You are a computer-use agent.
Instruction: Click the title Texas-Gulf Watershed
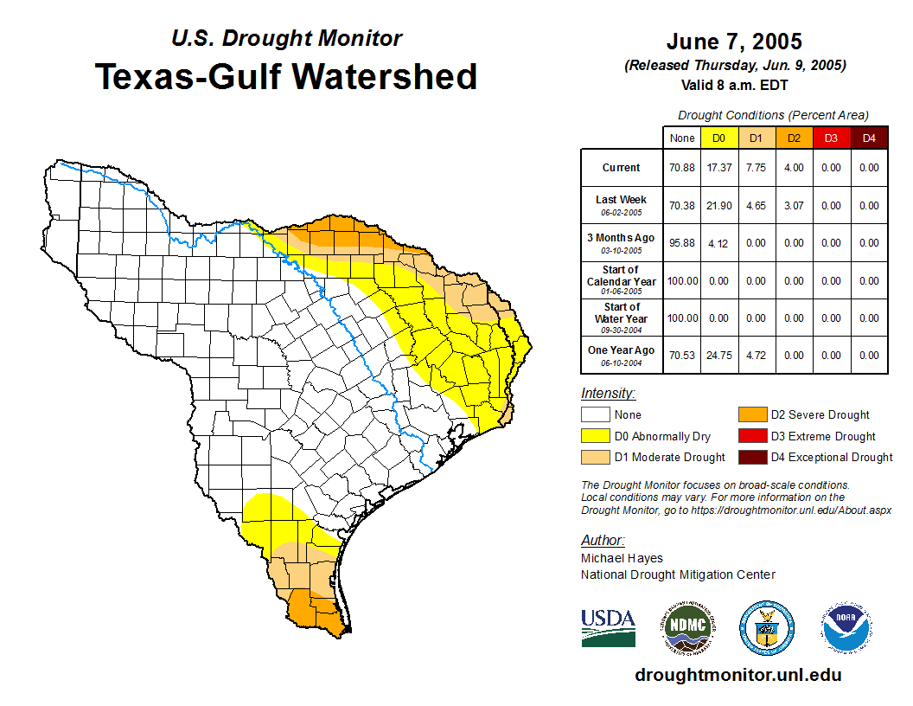(x=285, y=76)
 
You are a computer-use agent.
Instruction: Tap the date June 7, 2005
(x=734, y=42)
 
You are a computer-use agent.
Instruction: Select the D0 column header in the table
(x=718, y=138)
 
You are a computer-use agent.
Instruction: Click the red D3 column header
(x=831, y=138)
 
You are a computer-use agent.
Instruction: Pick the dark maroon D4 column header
(x=869, y=138)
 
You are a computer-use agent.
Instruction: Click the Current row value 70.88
(x=681, y=168)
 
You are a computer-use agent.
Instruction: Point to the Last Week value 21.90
(x=718, y=206)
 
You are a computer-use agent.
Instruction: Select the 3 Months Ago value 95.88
(x=681, y=243)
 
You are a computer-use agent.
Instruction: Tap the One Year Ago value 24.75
(x=718, y=355)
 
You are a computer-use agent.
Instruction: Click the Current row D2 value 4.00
(x=794, y=168)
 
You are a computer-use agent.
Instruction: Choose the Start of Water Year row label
(x=622, y=318)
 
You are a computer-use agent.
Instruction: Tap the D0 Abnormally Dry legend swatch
(x=595, y=436)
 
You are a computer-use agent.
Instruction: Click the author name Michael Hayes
(x=622, y=558)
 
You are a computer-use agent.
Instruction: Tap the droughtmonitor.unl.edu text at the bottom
(x=737, y=675)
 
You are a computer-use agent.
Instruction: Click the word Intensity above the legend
(x=608, y=393)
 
